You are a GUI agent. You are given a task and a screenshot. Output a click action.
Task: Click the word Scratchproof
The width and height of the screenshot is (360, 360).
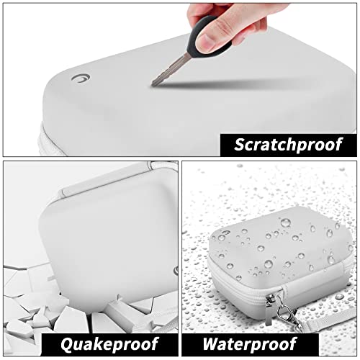click(x=288, y=145)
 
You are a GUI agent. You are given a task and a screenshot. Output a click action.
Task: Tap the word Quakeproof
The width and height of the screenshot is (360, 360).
click(x=109, y=344)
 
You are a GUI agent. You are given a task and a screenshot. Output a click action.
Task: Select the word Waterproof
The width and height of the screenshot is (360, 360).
click(x=250, y=344)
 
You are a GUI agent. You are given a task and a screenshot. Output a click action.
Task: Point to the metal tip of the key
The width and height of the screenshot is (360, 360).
click(x=153, y=84)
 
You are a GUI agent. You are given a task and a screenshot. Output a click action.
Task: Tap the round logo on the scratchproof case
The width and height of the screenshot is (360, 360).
click(x=81, y=78)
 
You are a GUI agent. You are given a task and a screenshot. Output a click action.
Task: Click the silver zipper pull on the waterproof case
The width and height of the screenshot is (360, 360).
click(x=269, y=310)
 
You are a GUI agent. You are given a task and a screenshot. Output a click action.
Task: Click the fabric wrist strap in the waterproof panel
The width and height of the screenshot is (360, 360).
click(x=329, y=319)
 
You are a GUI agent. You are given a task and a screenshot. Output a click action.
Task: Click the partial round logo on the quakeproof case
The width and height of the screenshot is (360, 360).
click(x=176, y=271)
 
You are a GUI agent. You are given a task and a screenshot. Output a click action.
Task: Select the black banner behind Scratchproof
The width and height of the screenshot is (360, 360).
click(x=288, y=145)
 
